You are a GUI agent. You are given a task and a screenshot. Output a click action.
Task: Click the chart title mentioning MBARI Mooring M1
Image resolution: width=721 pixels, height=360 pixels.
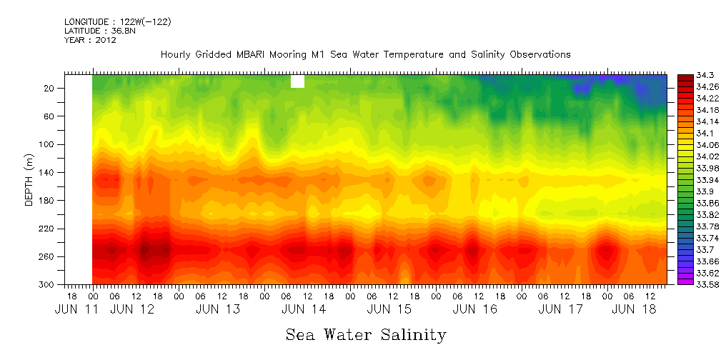click(x=365, y=55)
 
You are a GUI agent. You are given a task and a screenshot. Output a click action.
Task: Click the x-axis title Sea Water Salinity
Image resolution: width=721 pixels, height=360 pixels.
click(x=366, y=335)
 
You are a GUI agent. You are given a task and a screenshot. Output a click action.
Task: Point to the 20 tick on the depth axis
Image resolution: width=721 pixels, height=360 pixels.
click(x=50, y=88)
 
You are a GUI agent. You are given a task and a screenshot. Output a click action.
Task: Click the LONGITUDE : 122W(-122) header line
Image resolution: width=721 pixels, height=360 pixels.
click(x=117, y=22)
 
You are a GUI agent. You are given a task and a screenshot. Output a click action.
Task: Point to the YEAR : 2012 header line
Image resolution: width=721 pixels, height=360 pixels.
click(x=90, y=40)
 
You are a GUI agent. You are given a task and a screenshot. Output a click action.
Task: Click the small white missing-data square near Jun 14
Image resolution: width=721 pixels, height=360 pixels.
click(x=298, y=81)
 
